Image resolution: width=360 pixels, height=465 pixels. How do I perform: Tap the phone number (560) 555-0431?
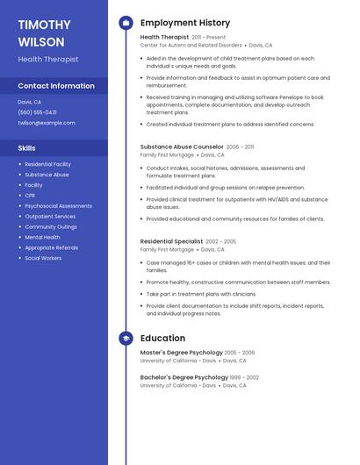37,112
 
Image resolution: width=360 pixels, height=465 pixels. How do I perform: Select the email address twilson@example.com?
47,123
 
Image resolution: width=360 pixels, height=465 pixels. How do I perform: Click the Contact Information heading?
56,86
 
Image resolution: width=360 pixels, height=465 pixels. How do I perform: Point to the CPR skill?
31,196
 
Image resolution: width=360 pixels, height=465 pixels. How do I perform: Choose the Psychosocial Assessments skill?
58,206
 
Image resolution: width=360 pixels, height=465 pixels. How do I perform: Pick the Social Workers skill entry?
43,258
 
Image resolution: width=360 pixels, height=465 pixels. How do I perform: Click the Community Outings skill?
51,226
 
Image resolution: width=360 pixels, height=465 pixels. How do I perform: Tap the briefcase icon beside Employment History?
126,23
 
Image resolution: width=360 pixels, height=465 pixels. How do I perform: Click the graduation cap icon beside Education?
126,338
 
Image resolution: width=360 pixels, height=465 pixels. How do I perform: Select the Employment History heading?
185,23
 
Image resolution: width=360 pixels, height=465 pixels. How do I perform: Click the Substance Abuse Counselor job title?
182,147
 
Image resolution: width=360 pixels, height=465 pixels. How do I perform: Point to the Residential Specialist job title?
171,241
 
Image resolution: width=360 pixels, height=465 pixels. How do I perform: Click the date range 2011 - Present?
209,38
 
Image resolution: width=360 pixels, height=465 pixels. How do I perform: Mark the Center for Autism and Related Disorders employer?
191,45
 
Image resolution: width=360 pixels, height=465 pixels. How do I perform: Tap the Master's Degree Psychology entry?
181,353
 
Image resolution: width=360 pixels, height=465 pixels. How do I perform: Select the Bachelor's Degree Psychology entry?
184,377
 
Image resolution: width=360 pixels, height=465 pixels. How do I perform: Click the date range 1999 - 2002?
245,377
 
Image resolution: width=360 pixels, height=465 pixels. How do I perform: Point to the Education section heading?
162,338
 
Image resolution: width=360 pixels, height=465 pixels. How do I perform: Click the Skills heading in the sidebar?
27,148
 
